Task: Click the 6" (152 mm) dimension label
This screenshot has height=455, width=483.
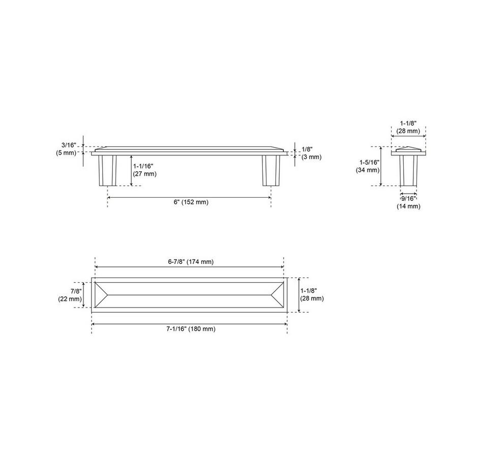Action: point(191,202)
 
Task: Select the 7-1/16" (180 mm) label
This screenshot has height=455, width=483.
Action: point(191,329)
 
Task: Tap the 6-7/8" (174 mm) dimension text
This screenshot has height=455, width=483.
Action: point(191,262)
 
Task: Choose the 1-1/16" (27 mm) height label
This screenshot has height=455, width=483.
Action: point(145,170)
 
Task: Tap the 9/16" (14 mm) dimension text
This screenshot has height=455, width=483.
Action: point(408,202)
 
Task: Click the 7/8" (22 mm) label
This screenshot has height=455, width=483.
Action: point(70,295)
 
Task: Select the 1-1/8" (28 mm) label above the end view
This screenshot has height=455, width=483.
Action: point(408,127)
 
